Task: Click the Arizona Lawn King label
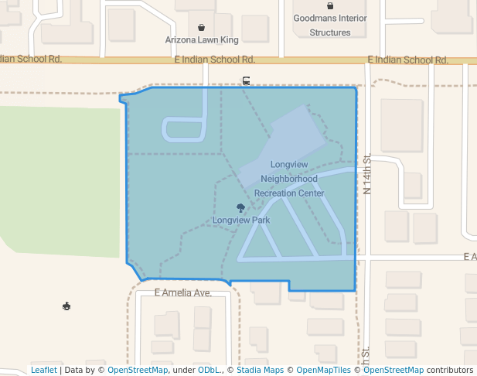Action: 202,39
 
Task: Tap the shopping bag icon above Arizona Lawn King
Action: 202,27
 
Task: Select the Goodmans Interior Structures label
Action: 330,25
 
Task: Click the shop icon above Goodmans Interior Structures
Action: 330,6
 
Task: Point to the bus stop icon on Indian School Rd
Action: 246,80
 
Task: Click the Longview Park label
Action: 241,220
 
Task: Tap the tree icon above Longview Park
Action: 240,207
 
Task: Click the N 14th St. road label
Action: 368,174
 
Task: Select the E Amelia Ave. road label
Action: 183,293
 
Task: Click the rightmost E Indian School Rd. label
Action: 408,60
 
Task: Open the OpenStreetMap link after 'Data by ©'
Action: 138,371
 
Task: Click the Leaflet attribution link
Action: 43,371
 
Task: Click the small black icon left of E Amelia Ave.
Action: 67,306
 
